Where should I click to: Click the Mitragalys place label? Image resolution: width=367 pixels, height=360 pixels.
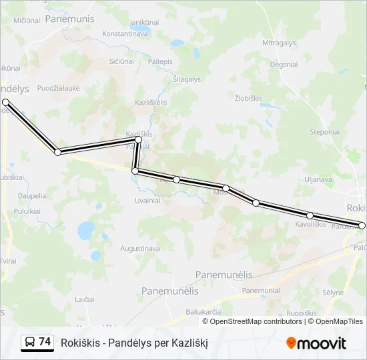pyautogui.click(x=279, y=43)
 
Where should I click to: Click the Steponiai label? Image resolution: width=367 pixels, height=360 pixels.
pyautogui.click(x=325, y=132)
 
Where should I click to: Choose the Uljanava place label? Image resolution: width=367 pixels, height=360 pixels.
pyautogui.click(x=318, y=179)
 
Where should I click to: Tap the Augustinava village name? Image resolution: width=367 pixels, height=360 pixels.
pyautogui.click(x=139, y=249)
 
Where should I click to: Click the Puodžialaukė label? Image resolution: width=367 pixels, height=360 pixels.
pyautogui.click(x=59, y=88)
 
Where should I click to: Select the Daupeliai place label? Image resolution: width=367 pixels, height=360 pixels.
pyautogui.click(x=33, y=196)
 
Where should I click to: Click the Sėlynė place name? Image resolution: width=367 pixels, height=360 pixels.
pyautogui.click(x=333, y=292)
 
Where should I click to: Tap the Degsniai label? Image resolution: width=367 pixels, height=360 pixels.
pyautogui.click(x=284, y=65)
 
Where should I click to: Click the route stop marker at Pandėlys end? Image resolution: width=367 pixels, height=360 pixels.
pyautogui.click(x=5, y=102)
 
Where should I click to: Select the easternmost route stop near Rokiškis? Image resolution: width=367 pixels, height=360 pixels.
pyautogui.click(x=362, y=225)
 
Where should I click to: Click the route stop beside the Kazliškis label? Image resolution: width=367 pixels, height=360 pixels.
pyautogui.click(x=139, y=140)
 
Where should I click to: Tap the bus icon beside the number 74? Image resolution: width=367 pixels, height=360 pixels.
pyautogui.click(x=30, y=343)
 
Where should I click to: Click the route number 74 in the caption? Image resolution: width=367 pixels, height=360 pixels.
pyautogui.click(x=45, y=342)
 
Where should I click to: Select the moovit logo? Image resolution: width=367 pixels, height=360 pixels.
pyautogui.click(x=316, y=343)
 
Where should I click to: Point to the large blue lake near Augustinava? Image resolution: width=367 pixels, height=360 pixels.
pyautogui.click(x=86, y=231)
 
